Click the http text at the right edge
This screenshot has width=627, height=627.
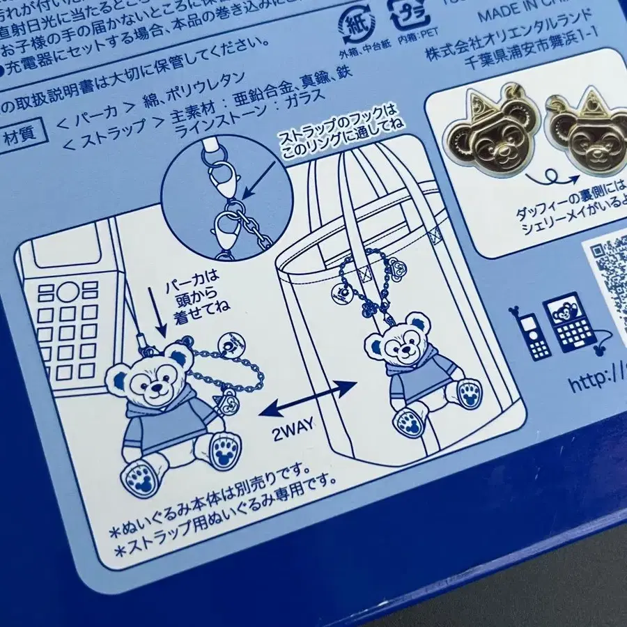pyautogui.click(x=596, y=383)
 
